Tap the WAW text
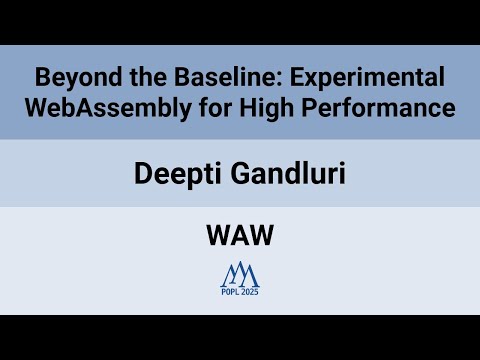click(x=240, y=237)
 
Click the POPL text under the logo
click(x=230, y=292)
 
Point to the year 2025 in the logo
click(x=250, y=292)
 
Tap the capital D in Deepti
click(x=142, y=173)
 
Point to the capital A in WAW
click(x=240, y=237)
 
